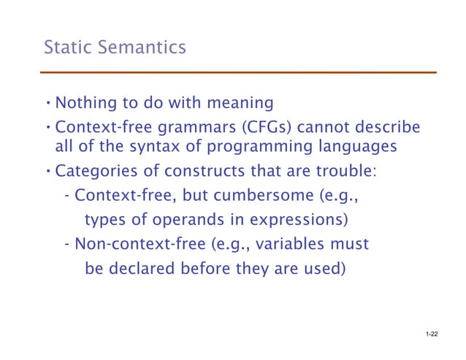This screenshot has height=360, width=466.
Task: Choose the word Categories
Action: [x=95, y=173]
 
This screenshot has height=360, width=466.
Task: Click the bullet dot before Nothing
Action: [x=48, y=101]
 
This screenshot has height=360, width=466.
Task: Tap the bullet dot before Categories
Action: [x=48, y=173]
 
